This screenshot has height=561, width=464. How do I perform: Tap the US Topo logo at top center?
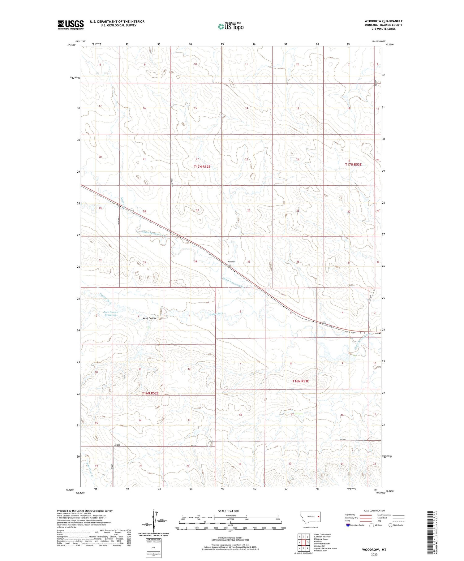[x=231, y=27]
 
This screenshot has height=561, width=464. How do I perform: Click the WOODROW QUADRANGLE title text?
[x=383, y=21]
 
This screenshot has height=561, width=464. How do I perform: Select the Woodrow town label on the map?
[x=232, y=262]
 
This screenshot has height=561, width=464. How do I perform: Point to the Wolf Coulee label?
[x=150, y=318]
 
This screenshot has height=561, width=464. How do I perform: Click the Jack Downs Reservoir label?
[x=110, y=313]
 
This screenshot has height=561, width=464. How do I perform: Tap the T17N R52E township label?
[x=202, y=167]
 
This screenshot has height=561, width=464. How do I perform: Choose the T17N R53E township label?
[x=353, y=165]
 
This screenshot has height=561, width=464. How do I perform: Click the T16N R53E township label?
[x=301, y=381]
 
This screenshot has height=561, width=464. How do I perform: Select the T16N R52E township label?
[x=150, y=393]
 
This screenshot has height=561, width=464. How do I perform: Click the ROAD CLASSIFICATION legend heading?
[x=374, y=511]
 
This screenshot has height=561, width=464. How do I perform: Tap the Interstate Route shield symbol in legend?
[x=348, y=525]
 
